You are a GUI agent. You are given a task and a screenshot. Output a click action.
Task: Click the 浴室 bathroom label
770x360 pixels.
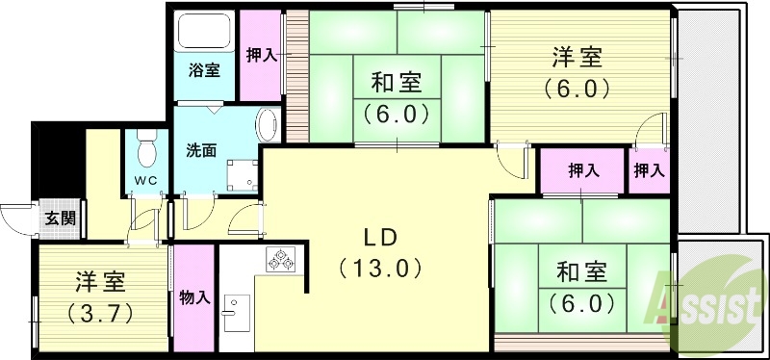[x=204, y=70]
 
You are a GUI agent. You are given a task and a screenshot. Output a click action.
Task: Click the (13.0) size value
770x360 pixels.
[x=379, y=268]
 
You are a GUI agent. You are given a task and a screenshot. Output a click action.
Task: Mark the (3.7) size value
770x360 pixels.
[x=101, y=313]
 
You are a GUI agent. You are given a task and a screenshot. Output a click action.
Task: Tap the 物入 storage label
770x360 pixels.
[x=195, y=298]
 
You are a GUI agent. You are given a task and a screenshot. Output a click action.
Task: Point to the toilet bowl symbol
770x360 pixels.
[x=145, y=149]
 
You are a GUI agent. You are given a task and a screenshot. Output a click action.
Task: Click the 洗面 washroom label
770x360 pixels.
[x=200, y=150]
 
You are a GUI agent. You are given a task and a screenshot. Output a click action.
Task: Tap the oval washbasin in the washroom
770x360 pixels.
[x=269, y=125]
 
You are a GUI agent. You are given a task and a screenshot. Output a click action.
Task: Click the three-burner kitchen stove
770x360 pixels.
[x=281, y=259]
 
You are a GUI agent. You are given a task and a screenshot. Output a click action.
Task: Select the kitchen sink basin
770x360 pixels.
[x=231, y=312]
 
